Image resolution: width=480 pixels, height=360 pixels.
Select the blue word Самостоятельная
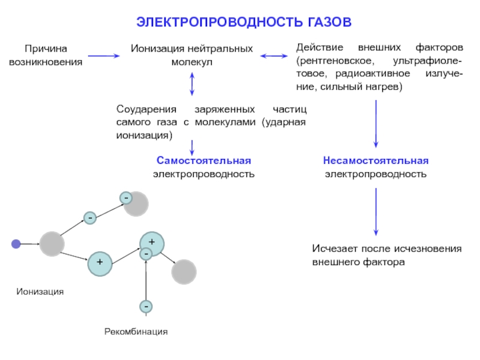click(204, 160)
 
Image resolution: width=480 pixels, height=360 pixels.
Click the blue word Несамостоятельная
click(376, 160)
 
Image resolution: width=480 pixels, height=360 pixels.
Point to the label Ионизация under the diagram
click(40, 292)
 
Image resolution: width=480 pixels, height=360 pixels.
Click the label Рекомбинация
click(136, 332)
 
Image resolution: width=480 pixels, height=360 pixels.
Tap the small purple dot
click(16, 244)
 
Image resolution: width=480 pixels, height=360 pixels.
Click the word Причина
click(46, 49)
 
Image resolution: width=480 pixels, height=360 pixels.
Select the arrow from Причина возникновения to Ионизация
click(104, 56)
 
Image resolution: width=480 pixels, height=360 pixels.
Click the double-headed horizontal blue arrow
click(274, 56)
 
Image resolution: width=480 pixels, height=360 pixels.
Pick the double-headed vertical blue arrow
click(192, 84)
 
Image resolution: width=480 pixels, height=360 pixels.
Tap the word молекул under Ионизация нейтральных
click(192, 62)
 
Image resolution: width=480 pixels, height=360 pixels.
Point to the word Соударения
click(146, 109)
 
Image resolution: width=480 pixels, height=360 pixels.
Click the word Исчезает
click(335, 248)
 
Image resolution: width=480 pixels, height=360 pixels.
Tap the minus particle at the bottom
click(146, 307)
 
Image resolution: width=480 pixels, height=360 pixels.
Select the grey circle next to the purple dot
click(52, 244)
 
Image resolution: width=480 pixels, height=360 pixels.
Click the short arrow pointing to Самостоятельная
click(192, 148)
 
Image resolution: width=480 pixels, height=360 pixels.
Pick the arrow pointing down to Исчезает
click(376, 212)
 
